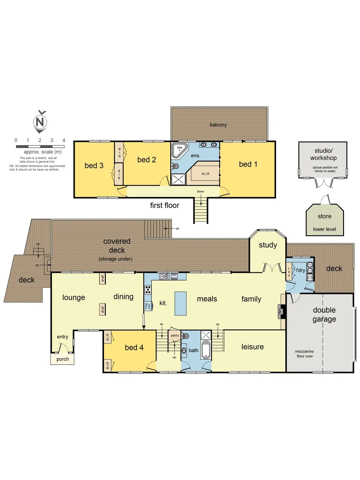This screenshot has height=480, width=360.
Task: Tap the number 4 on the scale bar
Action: coord(64,140)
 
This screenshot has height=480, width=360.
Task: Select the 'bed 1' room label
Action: coord(248,164)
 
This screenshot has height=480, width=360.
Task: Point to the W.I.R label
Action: coord(205,174)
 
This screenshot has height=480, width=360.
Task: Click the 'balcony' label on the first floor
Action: coord(218,125)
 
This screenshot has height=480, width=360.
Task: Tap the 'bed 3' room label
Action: coord(94,166)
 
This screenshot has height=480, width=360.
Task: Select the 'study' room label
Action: coord(268,245)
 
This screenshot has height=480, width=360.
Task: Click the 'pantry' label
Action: coord(175,336)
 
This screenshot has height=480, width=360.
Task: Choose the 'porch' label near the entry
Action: coord(63,359)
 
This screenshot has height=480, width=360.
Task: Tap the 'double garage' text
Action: coord(324,315)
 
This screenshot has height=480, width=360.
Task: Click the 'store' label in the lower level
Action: coord(324,217)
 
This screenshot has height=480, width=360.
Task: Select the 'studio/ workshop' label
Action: coord(323,154)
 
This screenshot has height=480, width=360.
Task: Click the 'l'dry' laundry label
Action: coord(300,270)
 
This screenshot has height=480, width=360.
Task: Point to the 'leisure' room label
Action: coord(252,347)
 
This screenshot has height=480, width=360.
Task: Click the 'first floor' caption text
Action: coord(164,205)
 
